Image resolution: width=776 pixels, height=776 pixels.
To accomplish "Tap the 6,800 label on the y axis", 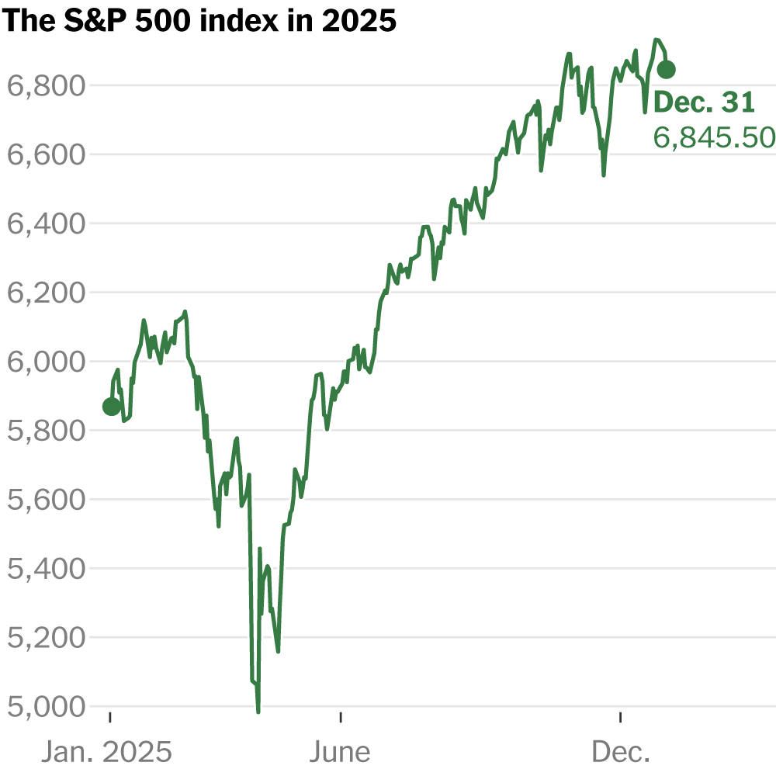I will point(45,85).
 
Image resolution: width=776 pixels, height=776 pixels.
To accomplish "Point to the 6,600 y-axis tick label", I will point(45,154).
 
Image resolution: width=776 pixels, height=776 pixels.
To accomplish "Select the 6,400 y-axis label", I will point(45,223).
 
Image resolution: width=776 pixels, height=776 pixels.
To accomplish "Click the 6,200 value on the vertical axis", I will point(45,293).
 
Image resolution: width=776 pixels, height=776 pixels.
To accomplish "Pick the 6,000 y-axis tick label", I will point(45,362).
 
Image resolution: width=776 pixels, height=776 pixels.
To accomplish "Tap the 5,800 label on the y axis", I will point(45,430).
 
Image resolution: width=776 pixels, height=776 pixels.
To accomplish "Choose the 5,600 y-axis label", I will point(45,499).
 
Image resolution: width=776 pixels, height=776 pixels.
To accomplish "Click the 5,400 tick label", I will point(45,568).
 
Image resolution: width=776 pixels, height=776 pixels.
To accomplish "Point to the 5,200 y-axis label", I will point(45,637).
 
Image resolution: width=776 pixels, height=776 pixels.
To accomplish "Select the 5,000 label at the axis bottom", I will point(45,706).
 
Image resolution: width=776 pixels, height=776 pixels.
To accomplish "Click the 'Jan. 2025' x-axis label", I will point(106,751).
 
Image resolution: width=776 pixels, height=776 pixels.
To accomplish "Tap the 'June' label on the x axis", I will point(340,751).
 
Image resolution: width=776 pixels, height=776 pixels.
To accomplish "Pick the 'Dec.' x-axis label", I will point(621,751).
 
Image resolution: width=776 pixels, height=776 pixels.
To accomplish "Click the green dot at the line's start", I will point(111,407).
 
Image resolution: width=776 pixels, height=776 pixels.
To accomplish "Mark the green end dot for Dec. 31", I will point(666,70).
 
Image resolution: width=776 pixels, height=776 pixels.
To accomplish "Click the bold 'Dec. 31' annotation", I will point(704,102).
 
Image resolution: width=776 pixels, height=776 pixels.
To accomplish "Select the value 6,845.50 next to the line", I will point(714,137).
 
